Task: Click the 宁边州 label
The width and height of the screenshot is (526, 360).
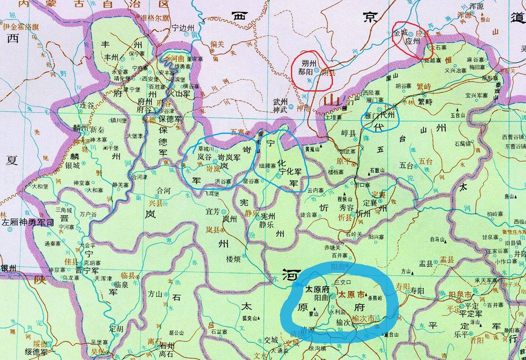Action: tap(184, 28)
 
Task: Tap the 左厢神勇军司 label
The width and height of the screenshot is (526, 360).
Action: tap(27, 223)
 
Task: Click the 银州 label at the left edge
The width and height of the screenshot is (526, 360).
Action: tap(9, 268)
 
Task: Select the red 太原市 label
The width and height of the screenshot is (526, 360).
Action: tap(351, 295)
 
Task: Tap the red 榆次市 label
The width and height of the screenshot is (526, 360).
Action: tap(363, 318)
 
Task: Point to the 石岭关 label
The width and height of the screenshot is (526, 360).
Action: tap(354, 234)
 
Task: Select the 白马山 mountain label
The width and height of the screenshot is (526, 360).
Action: tap(438, 239)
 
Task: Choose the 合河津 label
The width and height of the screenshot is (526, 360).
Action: tap(139, 177)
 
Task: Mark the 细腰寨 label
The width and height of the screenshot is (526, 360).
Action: tap(267, 166)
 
